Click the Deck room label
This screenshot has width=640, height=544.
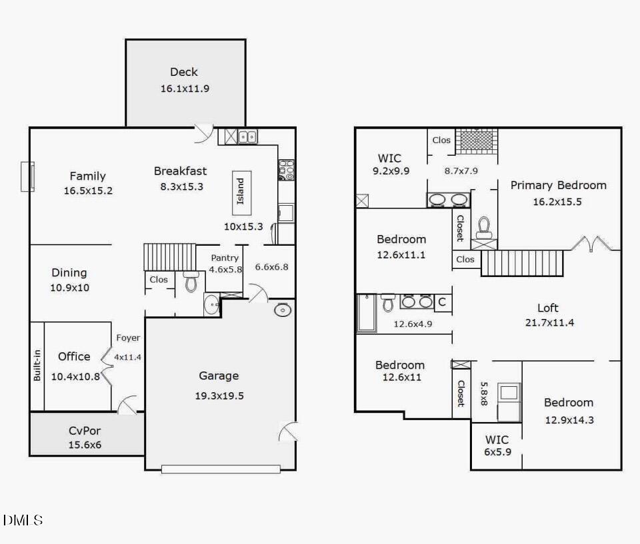click(x=184, y=72)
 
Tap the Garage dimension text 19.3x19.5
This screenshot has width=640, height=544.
click(x=219, y=396)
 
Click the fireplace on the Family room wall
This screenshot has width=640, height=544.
click(x=27, y=176)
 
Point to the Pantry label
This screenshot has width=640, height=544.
click(x=225, y=258)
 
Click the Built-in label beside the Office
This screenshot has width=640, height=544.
click(x=37, y=366)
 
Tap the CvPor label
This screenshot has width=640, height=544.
click(x=84, y=431)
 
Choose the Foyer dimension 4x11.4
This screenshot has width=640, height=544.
click(x=127, y=357)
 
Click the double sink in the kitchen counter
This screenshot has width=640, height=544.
click(x=248, y=137)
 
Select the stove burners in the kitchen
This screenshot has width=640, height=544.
click(x=285, y=170)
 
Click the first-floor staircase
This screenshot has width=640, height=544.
click(x=169, y=257)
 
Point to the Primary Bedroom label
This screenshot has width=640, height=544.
click(x=558, y=185)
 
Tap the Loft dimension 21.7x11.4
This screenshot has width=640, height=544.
click(x=547, y=323)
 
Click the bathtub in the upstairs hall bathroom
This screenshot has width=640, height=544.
click(x=366, y=313)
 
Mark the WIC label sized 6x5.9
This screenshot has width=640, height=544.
click(x=497, y=439)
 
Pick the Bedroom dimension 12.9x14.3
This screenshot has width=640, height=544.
click(x=569, y=419)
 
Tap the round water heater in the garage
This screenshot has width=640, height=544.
click(x=283, y=310)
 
